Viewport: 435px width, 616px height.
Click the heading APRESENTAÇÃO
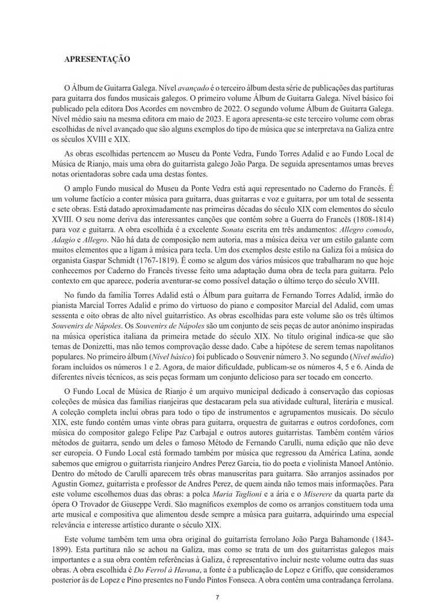97,59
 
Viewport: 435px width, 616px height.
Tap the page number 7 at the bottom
217,597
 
